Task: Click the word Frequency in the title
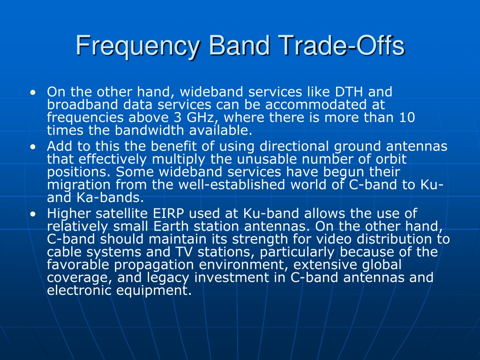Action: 138,46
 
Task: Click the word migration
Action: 79,185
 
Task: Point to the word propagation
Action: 154,265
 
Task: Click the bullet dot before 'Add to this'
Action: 33,147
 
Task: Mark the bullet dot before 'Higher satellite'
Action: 33,214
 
